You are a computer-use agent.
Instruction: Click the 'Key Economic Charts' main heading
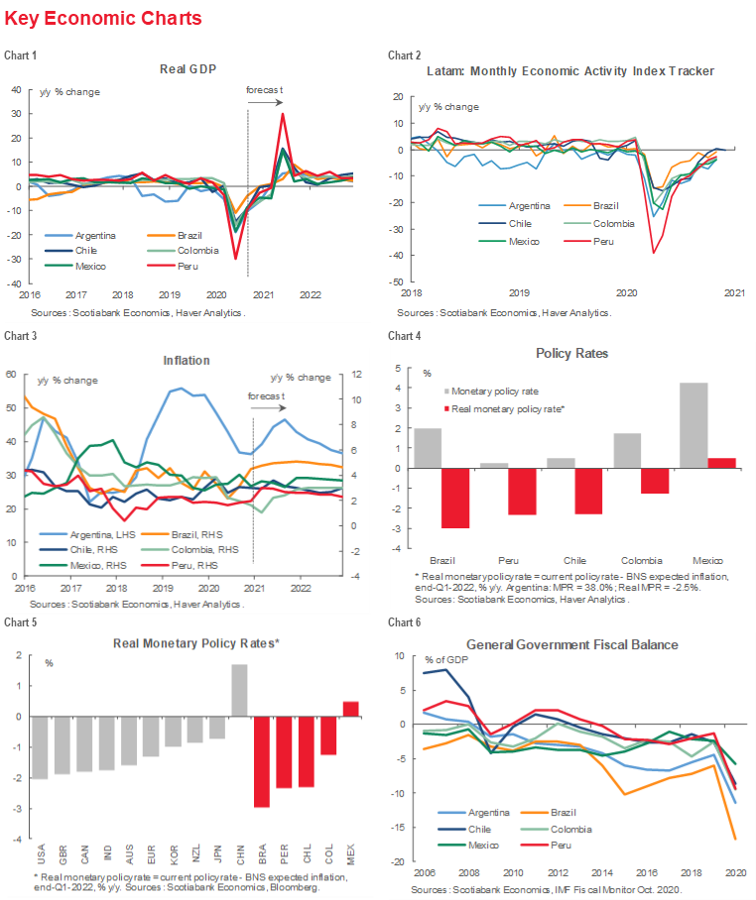(x=103, y=19)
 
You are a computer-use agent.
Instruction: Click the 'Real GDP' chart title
(x=188, y=69)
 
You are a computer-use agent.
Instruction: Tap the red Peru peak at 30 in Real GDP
(x=283, y=114)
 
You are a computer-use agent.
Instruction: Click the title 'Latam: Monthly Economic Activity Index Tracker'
(x=570, y=71)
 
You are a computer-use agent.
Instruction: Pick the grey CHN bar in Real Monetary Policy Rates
(x=239, y=690)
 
